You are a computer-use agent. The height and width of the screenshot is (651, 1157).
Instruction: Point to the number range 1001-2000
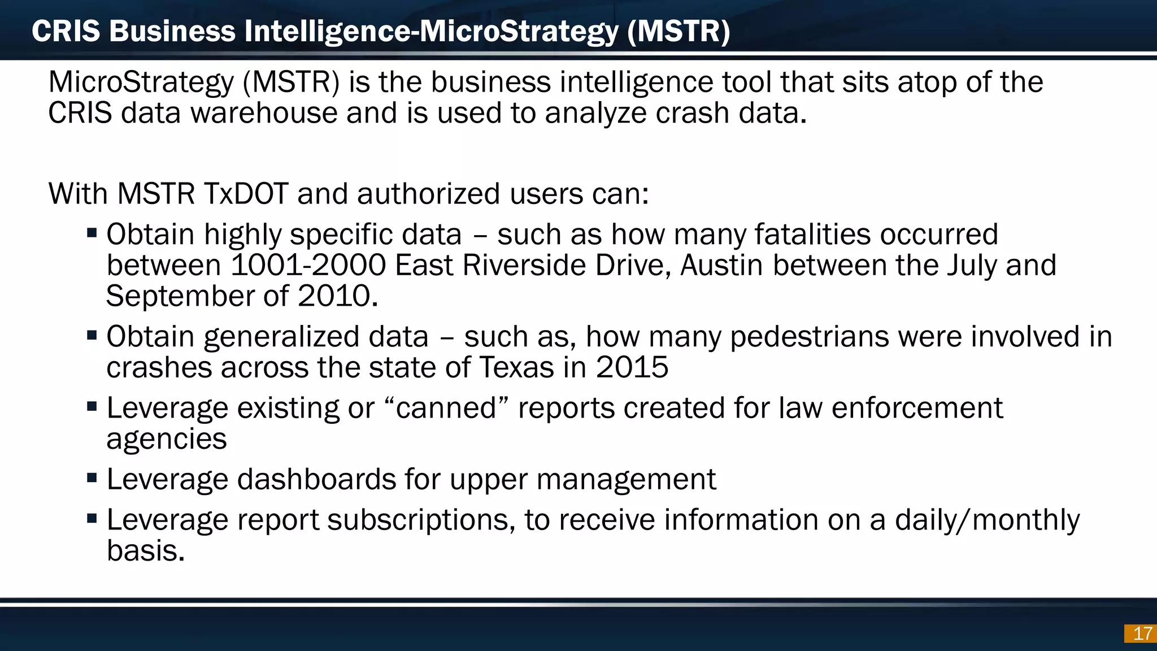[x=308, y=265]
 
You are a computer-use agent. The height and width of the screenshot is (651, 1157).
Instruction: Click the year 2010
[x=337, y=296]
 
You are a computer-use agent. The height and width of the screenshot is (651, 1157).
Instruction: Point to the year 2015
[x=632, y=368]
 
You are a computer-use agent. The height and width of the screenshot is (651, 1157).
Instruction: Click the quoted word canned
[x=446, y=408]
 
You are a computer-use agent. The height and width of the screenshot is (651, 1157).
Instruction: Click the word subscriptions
[x=421, y=520]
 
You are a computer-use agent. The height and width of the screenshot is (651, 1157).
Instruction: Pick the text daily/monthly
[x=987, y=520]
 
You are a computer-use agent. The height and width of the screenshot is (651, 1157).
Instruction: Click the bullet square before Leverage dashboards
[x=92, y=478]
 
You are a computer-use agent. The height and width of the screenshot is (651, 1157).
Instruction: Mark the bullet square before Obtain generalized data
[x=92, y=335]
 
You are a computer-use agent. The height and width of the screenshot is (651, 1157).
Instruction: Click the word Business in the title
[x=172, y=31]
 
